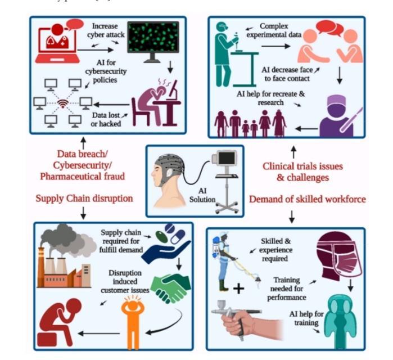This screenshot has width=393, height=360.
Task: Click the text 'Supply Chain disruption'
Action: coord(83,199)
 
